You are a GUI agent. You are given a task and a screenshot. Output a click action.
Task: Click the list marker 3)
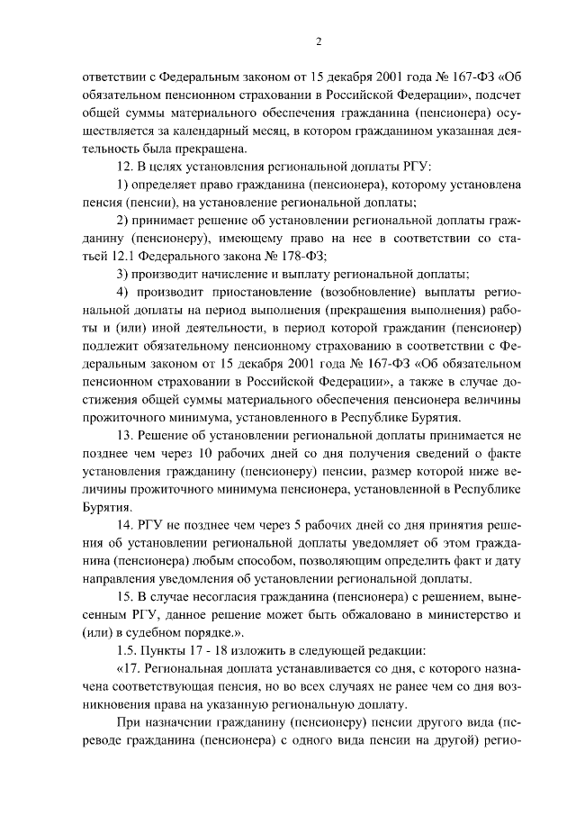click(124, 275)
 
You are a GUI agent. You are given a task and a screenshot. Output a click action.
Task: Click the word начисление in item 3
click(238, 275)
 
